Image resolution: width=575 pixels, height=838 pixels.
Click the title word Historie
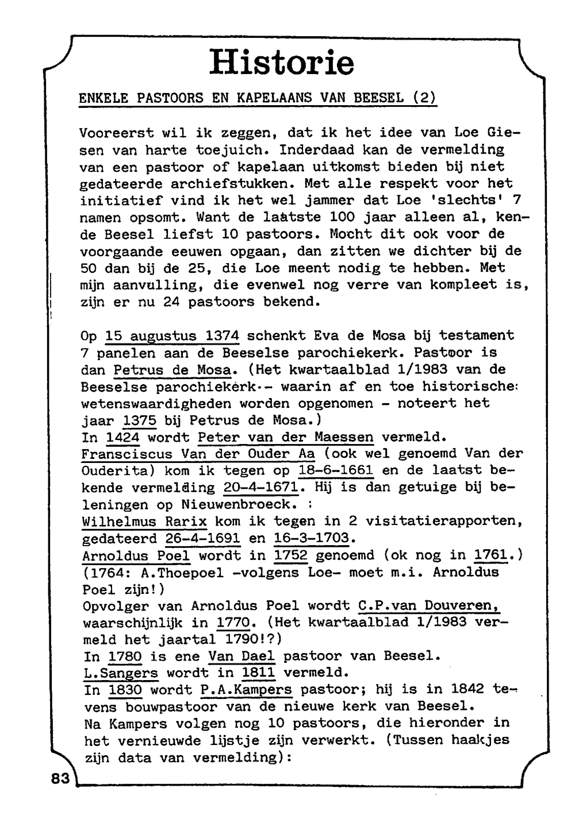(x=282, y=63)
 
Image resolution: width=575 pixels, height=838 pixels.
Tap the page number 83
(x=60, y=778)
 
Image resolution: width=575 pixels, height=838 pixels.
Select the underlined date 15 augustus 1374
(x=172, y=335)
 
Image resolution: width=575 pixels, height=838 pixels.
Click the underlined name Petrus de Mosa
(x=172, y=369)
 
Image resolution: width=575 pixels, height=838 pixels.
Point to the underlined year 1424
(x=123, y=437)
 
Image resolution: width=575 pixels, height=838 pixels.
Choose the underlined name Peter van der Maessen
(x=285, y=437)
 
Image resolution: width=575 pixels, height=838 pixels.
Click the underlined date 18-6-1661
(x=336, y=471)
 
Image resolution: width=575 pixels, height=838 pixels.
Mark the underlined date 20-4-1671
(x=260, y=488)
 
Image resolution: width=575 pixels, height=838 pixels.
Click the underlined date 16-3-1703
(x=311, y=539)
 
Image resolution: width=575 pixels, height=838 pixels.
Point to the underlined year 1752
(x=290, y=555)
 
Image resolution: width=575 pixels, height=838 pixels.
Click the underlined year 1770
(x=233, y=623)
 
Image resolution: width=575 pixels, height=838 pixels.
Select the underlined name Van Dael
(x=241, y=656)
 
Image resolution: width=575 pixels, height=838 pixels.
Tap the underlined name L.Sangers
(x=121, y=673)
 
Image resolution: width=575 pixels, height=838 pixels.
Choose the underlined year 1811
(x=258, y=673)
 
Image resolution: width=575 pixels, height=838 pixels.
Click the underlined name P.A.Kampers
(x=247, y=689)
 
